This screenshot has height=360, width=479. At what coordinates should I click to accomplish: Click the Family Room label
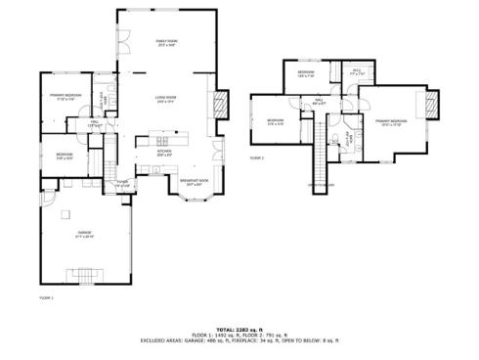(166, 42)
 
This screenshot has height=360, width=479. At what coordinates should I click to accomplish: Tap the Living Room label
(164, 99)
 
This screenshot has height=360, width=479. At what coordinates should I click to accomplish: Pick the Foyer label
(123, 183)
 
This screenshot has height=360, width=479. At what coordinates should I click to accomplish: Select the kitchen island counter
(165, 141)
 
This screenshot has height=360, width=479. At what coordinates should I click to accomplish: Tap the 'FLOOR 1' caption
(45, 295)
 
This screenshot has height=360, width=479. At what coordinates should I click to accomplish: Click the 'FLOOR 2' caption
(257, 157)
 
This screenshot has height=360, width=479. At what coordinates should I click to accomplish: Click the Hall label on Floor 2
(319, 101)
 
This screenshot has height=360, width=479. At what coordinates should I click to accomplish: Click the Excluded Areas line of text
(239, 340)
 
